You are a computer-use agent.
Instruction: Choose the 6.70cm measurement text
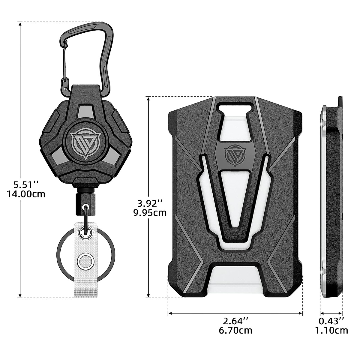pos(235,330)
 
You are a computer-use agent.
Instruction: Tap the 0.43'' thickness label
pos(331,321)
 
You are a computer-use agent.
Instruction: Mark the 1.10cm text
pos(331,330)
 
